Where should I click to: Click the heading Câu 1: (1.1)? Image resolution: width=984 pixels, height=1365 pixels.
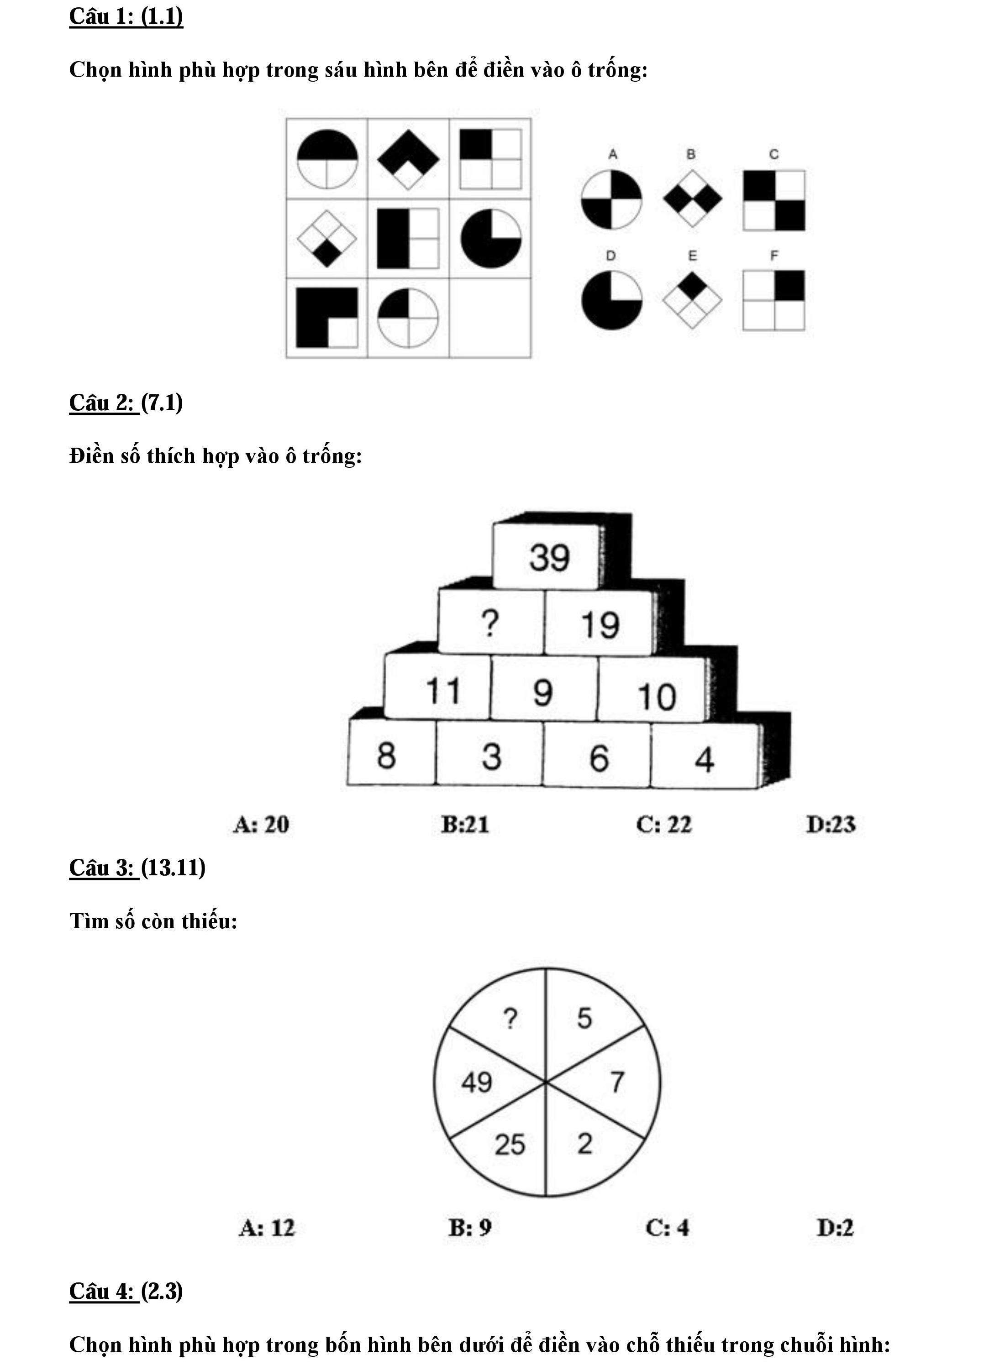click(126, 16)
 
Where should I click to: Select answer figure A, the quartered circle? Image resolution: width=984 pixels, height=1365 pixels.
click(611, 200)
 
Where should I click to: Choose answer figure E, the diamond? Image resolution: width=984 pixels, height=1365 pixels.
click(692, 300)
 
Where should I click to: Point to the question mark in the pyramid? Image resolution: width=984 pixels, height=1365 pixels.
click(490, 623)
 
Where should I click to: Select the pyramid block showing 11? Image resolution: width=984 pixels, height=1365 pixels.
click(442, 690)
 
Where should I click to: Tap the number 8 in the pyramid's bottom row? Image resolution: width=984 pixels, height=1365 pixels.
click(386, 755)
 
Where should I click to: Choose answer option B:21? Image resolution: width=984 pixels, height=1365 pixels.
click(464, 824)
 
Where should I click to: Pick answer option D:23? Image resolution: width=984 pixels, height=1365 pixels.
click(831, 824)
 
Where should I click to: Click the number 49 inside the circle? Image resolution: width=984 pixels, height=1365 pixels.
click(476, 1082)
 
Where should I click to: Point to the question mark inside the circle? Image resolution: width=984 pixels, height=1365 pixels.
click(510, 1018)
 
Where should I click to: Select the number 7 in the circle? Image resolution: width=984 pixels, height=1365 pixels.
click(617, 1082)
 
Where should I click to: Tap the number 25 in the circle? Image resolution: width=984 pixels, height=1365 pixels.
click(510, 1144)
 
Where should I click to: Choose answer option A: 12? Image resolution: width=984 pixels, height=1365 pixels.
click(267, 1227)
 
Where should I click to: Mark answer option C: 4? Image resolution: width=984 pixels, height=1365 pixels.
click(667, 1227)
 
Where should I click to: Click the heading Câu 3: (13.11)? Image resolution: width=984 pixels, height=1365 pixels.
click(137, 867)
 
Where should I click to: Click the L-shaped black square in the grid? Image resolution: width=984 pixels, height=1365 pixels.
click(326, 318)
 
